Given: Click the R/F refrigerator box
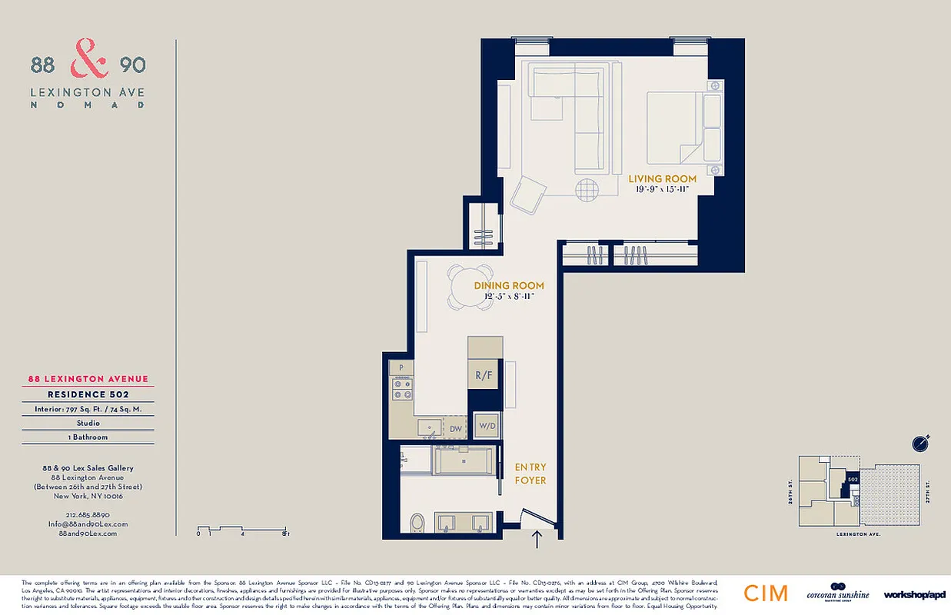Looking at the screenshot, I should (x=485, y=376).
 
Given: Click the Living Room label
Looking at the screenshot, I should (x=662, y=179).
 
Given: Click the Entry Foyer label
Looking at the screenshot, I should (x=530, y=474).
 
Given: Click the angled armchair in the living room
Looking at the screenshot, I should (x=529, y=194).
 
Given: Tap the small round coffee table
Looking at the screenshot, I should (x=587, y=190).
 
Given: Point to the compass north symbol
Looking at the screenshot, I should (x=921, y=444).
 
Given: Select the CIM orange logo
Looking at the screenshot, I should (x=765, y=593).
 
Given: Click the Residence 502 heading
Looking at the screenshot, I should (x=88, y=394).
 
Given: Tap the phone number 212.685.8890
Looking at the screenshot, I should (x=88, y=514).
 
